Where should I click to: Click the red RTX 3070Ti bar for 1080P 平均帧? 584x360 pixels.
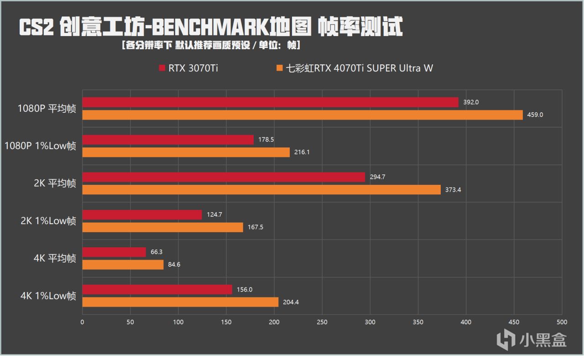click(270, 102)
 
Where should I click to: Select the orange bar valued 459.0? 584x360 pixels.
click(302, 115)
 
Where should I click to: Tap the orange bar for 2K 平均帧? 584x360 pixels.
click(261, 190)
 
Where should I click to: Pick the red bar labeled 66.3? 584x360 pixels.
click(114, 252)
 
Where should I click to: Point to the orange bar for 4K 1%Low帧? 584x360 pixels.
click(180, 302)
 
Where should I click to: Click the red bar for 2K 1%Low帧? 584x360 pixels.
click(142, 214)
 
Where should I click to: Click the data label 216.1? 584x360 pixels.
click(302, 152)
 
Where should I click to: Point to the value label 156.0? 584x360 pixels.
click(245, 289)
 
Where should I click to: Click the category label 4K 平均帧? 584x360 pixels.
click(55, 259)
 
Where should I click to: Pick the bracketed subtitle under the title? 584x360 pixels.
click(211, 46)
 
